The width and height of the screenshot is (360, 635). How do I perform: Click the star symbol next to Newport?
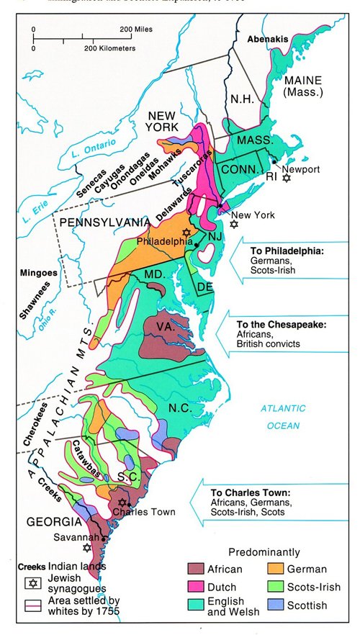(287, 177)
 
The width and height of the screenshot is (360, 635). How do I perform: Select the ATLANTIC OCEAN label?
(283, 416)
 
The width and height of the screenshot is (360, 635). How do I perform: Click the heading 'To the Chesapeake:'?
(282, 325)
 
